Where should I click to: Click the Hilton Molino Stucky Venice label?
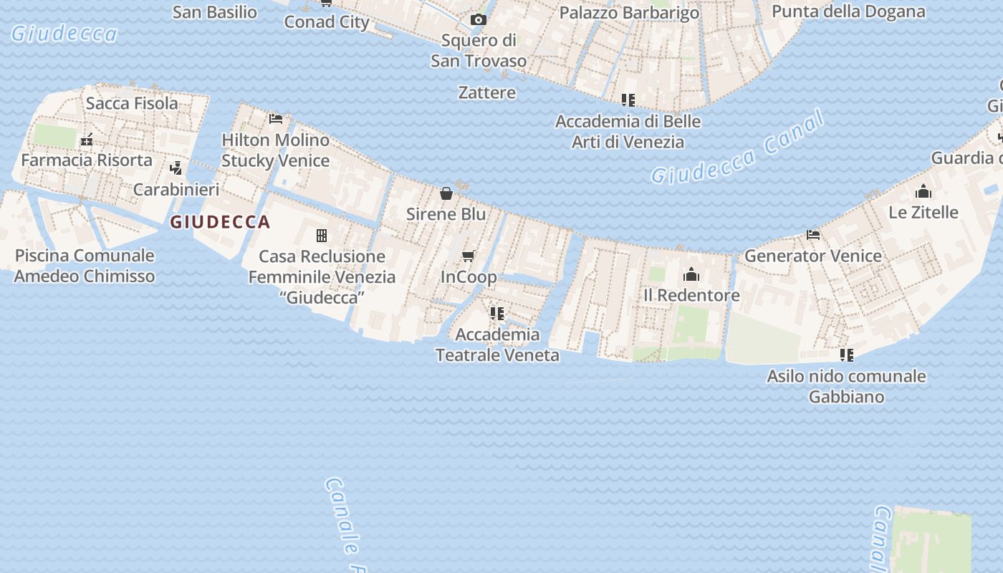pyautogui.click(x=275, y=150)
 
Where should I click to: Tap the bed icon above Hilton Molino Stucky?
pyautogui.click(x=276, y=118)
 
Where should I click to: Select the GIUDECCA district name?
pyautogui.click(x=220, y=222)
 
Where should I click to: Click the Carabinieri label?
pyautogui.click(x=176, y=190)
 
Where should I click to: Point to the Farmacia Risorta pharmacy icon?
pyautogui.click(x=87, y=140)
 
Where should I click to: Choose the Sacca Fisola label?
pyautogui.click(x=132, y=103)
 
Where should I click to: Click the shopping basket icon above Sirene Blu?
pyautogui.click(x=446, y=193)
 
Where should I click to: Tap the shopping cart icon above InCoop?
pyautogui.click(x=469, y=256)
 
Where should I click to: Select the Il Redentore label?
pyautogui.click(x=691, y=295)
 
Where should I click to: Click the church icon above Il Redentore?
pyautogui.click(x=691, y=274)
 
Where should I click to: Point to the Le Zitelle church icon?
pyautogui.click(x=923, y=191)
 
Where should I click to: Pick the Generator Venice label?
pyautogui.click(x=813, y=256)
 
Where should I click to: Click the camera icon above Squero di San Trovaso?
pyautogui.click(x=478, y=20)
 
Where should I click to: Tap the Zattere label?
pyautogui.click(x=487, y=92)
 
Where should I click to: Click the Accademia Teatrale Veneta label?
pyautogui.click(x=497, y=345)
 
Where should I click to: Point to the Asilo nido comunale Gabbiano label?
pyautogui.click(x=846, y=386)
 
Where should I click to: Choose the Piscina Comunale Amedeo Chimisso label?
pyautogui.click(x=85, y=266)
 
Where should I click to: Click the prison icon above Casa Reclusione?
pyautogui.click(x=322, y=235)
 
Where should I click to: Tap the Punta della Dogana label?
pyautogui.click(x=848, y=11)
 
